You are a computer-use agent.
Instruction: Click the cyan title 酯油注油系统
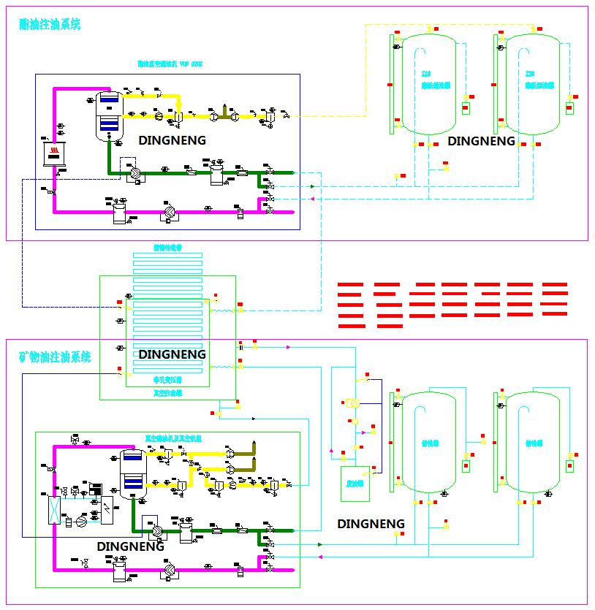[50, 24]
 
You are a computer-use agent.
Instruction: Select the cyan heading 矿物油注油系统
[55, 357]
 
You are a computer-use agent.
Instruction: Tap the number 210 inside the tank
[426, 74]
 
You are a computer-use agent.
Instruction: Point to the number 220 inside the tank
[531, 74]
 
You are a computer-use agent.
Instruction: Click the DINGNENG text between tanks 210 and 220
[481, 141]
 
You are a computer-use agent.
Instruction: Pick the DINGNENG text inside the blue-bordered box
[172, 140]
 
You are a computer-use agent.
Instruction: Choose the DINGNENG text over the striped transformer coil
[172, 354]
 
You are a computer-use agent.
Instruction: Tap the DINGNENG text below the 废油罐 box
[371, 524]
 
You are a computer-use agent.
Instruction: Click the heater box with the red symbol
[53, 152]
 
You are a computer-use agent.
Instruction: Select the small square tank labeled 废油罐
[356, 484]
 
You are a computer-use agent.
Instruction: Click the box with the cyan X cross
[54, 509]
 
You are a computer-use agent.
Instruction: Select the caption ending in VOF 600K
[170, 64]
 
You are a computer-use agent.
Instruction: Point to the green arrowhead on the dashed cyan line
[312, 186]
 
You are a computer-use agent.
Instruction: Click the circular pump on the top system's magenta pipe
[167, 213]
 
